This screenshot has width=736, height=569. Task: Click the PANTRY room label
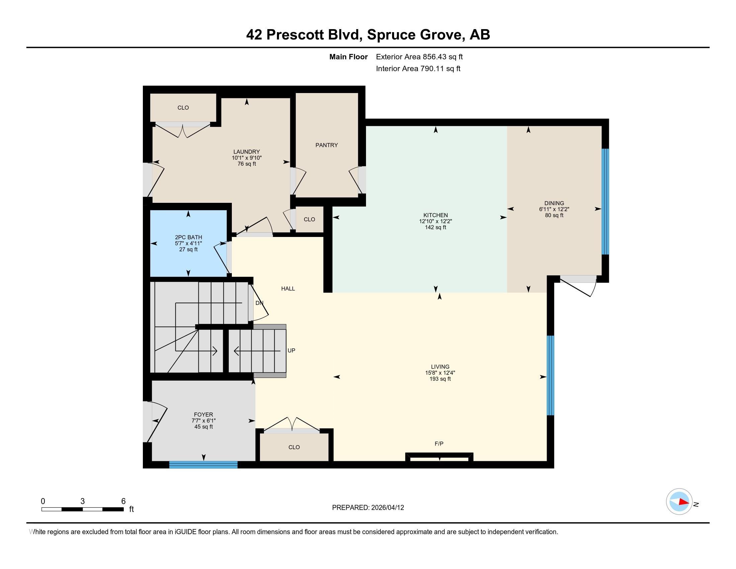point(326,145)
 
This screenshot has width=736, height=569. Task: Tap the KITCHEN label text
point(435,215)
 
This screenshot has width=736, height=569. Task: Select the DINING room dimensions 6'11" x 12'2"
point(554,209)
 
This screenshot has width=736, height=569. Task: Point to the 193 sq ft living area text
point(440,379)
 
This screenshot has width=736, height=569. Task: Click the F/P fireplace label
point(439,443)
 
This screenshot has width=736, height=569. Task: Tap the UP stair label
point(291,350)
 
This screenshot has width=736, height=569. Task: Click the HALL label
point(288,289)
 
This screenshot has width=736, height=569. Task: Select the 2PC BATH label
point(188,237)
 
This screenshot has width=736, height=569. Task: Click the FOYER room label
point(203,415)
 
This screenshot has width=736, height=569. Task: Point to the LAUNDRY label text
point(247,152)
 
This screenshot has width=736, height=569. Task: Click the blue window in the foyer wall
point(203,465)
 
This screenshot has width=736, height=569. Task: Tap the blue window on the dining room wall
point(605,201)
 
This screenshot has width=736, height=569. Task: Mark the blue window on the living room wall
point(550,376)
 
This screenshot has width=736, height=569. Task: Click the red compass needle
point(684,502)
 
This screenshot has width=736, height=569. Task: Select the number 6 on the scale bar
point(123,501)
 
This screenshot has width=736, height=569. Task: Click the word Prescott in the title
point(295,35)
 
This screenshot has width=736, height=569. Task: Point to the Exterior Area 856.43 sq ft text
point(419,57)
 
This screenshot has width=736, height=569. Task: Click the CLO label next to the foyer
point(294,447)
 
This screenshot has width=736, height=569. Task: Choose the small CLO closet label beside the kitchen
point(309,220)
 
